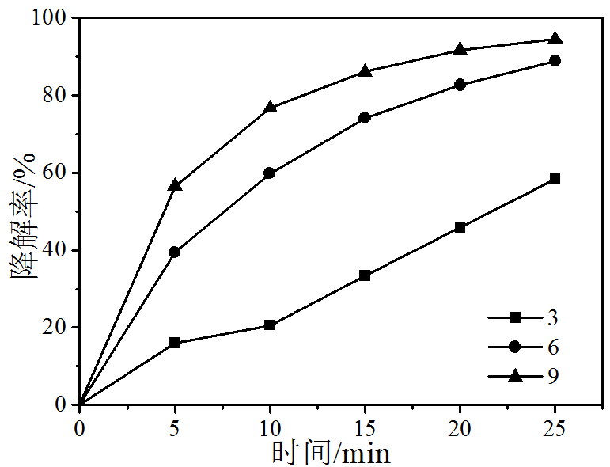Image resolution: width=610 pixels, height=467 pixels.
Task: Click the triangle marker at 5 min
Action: (175, 184)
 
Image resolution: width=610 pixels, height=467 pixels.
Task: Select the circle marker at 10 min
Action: (270, 173)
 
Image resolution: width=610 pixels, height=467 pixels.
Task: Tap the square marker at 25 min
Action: (555, 179)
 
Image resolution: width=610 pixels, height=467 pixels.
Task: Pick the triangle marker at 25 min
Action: (555, 38)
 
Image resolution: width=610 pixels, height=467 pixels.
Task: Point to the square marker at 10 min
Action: (270, 325)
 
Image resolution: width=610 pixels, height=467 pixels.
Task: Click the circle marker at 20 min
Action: (460, 85)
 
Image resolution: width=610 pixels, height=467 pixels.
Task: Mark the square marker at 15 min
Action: (365, 275)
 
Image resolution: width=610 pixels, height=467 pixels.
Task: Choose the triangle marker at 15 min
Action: (365, 70)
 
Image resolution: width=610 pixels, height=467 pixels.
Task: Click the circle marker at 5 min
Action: (175, 252)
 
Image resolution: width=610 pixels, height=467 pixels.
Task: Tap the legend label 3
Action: (553, 318)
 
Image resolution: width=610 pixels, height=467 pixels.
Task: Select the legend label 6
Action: (553, 347)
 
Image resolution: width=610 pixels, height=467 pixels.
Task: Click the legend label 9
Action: (553, 375)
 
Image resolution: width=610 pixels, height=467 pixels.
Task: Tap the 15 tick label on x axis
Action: (365, 428)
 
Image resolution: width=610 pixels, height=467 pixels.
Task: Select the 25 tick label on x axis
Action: (555, 428)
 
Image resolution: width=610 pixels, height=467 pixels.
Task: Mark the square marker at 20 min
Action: (460, 227)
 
